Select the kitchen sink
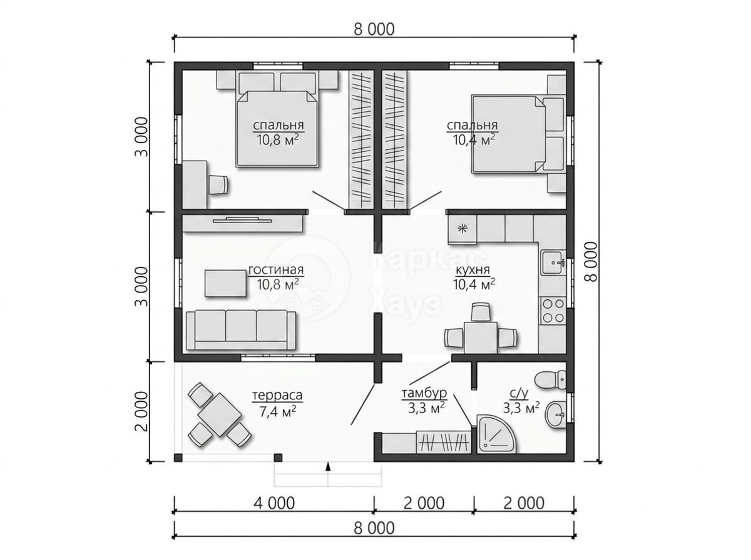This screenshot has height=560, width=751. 552,262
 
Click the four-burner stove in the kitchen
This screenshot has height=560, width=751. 553,310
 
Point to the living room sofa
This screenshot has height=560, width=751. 240,329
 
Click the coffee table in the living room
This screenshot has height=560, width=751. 225,283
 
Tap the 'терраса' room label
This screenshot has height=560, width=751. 277,396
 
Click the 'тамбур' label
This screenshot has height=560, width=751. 424,393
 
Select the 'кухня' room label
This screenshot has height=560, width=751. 473,270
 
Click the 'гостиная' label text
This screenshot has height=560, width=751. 276,270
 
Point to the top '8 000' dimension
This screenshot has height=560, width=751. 374,29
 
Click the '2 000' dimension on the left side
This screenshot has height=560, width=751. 141,411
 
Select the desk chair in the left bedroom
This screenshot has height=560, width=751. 218,184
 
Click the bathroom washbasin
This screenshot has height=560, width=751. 555,414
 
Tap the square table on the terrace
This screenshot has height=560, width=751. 219,414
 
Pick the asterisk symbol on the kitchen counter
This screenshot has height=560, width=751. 462,228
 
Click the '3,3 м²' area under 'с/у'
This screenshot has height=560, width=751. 521,408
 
